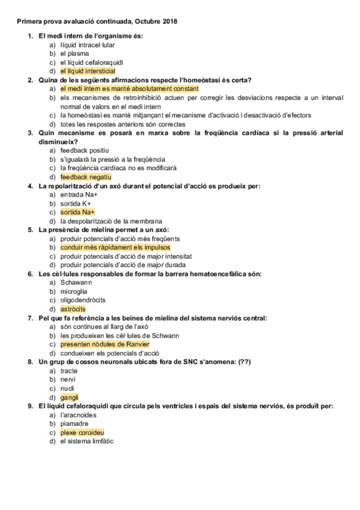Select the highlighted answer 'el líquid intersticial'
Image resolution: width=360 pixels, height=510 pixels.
pyautogui.click(x=87, y=71)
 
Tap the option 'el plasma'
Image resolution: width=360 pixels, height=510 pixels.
pyautogui.click(x=74, y=54)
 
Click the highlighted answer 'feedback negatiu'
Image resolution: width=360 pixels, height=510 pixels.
pyautogui.click(x=85, y=177)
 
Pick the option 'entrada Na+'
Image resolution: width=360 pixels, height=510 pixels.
pyautogui.click(x=79, y=195)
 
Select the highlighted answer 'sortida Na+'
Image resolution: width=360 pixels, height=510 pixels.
pyautogui.click(x=78, y=212)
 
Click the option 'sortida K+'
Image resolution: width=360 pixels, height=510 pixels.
pyautogui.click(x=76, y=204)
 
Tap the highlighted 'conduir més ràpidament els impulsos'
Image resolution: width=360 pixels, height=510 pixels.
pyautogui.click(x=115, y=247)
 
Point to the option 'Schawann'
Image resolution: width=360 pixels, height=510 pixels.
pyautogui.click(x=76, y=283)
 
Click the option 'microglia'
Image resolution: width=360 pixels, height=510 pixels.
pyautogui.click(x=74, y=292)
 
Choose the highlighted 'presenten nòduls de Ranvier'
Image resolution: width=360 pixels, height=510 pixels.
pyautogui.click(x=105, y=344)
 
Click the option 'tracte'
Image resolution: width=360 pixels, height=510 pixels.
pyautogui.click(x=69, y=371)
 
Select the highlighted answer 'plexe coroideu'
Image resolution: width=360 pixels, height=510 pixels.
pyautogui.click(x=82, y=432)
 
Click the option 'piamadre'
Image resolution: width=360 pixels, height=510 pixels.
pyautogui.click(x=75, y=423)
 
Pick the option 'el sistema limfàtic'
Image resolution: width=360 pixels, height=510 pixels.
pyautogui.click(x=87, y=441)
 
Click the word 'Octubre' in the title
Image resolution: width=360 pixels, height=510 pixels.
pyautogui.click(x=149, y=22)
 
